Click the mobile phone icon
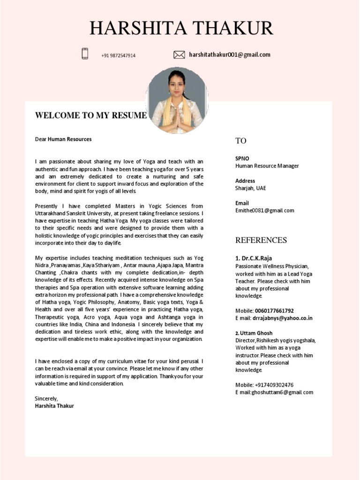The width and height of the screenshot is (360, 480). coord(85,54)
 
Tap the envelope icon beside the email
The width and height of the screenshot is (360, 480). coord(179,55)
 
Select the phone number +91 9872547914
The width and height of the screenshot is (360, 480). coord(118,55)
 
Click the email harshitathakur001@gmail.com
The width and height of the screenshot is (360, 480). coord(230,54)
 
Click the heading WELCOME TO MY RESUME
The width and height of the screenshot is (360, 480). coord(91,115)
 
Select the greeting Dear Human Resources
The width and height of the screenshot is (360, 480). coord(63,139)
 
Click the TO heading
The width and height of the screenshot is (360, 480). coord(240,141)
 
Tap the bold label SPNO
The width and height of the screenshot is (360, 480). coord(242,158)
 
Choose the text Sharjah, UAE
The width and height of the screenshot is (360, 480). coord(250,188)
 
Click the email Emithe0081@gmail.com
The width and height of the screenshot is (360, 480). coord(264,210)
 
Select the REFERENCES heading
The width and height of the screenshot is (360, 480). coord(261,240)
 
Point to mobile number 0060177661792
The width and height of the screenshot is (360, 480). coord(274,311)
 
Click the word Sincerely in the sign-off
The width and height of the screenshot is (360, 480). coord(46,398)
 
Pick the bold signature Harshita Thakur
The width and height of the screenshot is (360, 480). coord(54,406)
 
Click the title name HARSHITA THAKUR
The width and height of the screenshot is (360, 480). coord(181,29)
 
